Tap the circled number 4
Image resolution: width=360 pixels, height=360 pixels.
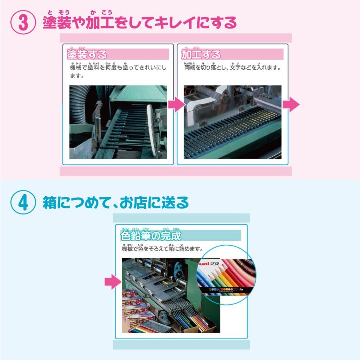click(23, 203)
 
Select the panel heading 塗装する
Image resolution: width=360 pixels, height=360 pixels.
click(87, 55)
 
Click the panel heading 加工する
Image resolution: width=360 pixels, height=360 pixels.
click(201, 55)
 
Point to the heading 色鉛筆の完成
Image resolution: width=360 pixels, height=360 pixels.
click(151, 236)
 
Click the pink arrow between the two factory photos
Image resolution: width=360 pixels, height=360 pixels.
click(176, 105)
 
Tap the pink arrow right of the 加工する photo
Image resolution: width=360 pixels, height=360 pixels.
click(291, 104)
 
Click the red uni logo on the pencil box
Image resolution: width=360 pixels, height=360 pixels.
click(204, 264)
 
